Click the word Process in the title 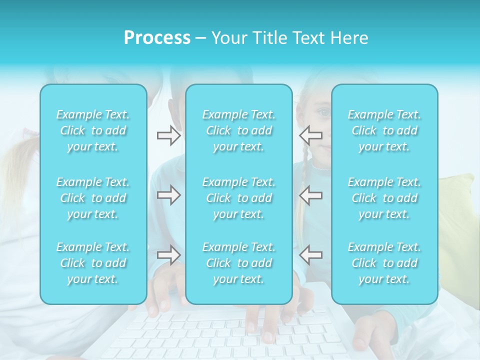pos(157,38)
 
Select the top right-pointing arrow pos(169,135)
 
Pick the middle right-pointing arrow pos(169,195)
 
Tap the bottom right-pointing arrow pos(169,255)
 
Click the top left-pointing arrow pos(310,135)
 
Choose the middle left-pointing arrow pos(310,195)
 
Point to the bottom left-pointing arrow pos(310,255)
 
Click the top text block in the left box pos(93,130)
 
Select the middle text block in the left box pos(93,198)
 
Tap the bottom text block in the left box pos(93,263)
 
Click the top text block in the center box pos(239,130)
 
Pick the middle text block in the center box pos(239,198)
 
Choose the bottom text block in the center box pos(239,263)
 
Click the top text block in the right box pos(384,130)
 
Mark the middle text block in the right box pos(384,198)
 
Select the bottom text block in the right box pos(384,263)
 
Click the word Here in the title pos(350,38)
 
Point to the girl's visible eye pos(325,112)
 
